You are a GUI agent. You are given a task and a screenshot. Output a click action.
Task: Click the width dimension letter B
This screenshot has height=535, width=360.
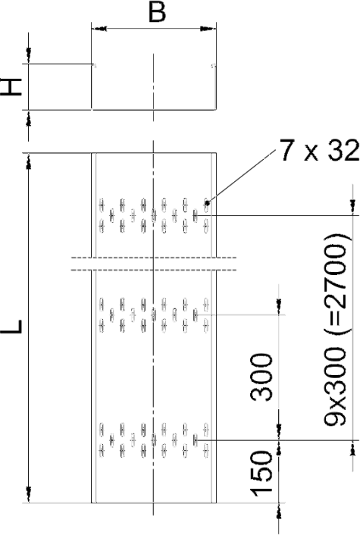[x=158, y=12]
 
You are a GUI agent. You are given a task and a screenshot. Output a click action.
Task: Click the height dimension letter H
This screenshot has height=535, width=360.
[x=11, y=86]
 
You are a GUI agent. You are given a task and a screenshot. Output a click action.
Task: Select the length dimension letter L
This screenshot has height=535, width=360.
[x=12, y=326]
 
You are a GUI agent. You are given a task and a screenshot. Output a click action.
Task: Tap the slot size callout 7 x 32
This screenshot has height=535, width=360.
[x=319, y=150]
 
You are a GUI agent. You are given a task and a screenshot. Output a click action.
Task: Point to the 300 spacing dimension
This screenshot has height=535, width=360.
[x=261, y=377]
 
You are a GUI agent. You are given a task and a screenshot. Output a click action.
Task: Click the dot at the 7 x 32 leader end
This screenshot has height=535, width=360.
[x=207, y=203]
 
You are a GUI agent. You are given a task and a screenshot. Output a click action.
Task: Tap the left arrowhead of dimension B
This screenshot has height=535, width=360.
[x=99, y=29]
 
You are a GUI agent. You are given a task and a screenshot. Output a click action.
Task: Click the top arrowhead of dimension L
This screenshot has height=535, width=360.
[x=29, y=161]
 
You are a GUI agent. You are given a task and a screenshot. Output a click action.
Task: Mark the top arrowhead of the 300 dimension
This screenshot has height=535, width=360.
[x=279, y=307]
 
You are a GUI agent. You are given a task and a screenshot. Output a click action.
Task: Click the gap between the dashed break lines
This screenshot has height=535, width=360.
[x=154, y=264]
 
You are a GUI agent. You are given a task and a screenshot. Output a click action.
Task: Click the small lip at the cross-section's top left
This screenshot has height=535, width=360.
[x=94, y=65]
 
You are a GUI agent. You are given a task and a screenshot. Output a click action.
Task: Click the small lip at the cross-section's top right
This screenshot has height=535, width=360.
[x=213, y=65]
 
